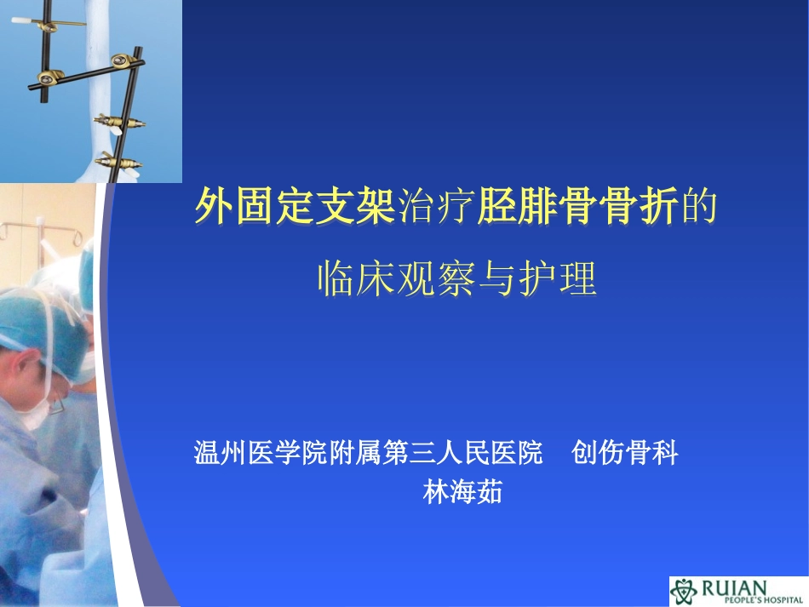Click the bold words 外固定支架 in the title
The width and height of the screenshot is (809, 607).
coord(295,207)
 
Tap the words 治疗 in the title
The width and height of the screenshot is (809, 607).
coord(436,207)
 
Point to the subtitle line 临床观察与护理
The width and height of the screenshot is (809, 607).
coord(456,278)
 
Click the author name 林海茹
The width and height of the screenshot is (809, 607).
coord(462,492)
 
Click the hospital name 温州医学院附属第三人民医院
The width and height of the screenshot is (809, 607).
coord(368,453)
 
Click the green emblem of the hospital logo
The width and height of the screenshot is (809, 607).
coord(683,591)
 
